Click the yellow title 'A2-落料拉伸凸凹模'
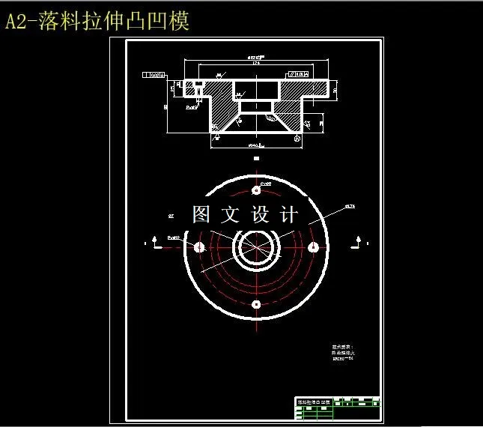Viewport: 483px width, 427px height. click(97, 22)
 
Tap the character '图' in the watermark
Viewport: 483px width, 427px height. click(202, 215)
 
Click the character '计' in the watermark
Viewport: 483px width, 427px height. click(288, 215)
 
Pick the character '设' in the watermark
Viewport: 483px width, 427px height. click(259, 215)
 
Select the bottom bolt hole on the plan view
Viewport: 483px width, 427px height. click(255, 303)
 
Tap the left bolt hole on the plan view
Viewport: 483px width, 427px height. click(199, 247)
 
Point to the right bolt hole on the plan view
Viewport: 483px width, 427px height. click(312, 247)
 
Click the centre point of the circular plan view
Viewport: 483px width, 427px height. click(255, 247)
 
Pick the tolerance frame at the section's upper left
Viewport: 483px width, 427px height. click(153, 75)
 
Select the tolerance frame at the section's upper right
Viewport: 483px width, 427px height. click(298, 75)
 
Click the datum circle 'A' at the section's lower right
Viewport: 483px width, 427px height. click(299, 138)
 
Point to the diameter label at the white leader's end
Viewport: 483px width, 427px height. click(349, 205)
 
